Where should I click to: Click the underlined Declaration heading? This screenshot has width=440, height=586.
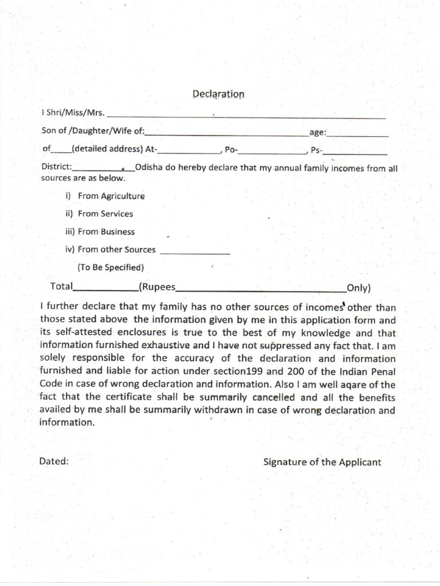218,94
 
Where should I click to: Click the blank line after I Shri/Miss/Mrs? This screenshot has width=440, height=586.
246,117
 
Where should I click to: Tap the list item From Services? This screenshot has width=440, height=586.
105,213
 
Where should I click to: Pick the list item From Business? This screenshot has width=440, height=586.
107,232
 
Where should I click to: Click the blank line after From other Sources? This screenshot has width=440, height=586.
195,253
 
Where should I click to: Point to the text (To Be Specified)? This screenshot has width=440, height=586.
111,267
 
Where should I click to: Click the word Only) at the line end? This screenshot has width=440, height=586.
359,287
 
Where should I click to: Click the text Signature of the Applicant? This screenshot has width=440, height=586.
322,462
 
